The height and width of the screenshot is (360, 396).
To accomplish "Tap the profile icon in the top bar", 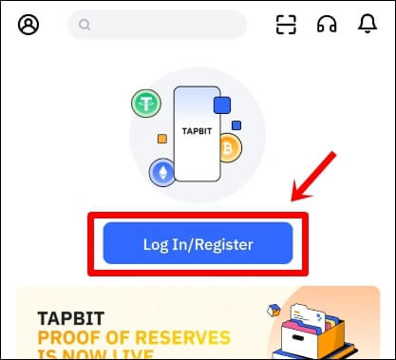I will (28, 26).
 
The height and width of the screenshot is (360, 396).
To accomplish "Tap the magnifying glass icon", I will (85, 26).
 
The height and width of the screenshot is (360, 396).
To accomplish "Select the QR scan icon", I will (287, 26).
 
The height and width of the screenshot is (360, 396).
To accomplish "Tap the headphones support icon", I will (327, 26).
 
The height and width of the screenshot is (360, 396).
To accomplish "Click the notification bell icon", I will (368, 26).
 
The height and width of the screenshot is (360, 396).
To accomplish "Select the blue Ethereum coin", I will (162, 172).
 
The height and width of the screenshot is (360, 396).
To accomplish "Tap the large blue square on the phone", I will (223, 104).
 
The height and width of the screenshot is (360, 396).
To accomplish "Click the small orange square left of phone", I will (162, 139).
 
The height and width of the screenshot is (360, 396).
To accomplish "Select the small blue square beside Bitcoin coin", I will (236, 124).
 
